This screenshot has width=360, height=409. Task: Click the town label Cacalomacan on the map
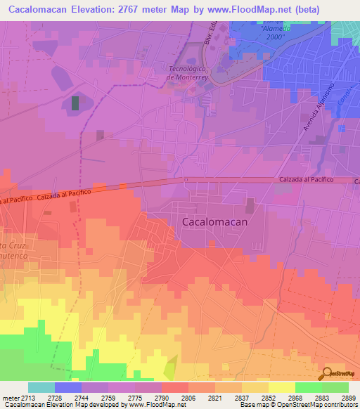(214, 221)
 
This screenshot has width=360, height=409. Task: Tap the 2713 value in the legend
(27, 397)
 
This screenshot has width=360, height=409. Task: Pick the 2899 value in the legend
(347, 397)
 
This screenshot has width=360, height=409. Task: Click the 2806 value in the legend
(188, 397)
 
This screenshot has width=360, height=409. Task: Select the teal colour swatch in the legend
(41, 387)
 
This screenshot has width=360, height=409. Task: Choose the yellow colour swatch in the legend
(281, 387)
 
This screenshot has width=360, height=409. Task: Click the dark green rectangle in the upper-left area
(75, 103)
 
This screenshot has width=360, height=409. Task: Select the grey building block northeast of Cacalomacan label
(250, 205)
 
